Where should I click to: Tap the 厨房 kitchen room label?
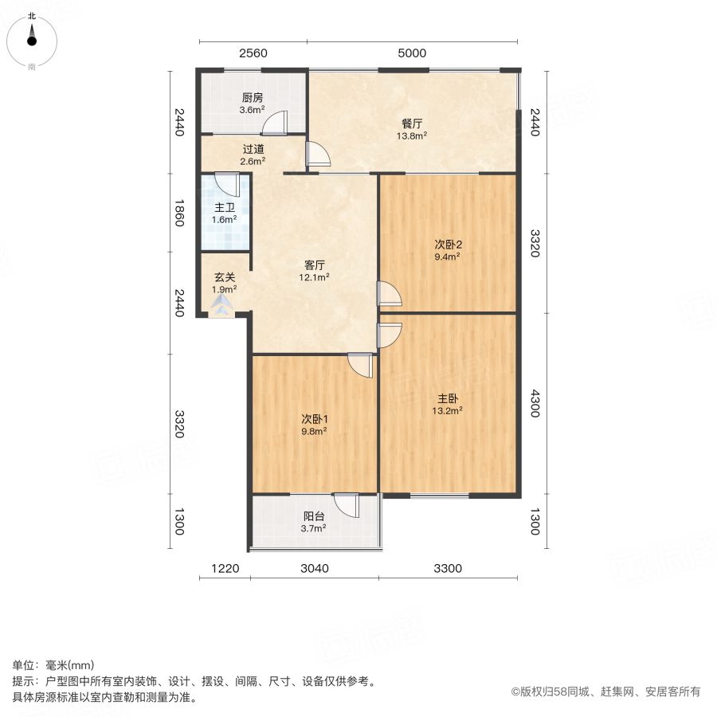pos(253,100)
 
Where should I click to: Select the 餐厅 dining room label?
pos(412,123)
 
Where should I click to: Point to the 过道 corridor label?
pos(253,149)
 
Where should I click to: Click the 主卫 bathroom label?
pos(225,208)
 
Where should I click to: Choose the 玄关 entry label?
pos(225,278)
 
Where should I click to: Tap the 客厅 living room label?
pos(315,265)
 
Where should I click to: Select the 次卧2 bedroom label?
pos(448,245)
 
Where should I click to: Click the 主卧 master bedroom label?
pos(447,399)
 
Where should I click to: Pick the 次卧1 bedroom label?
pos(315,419)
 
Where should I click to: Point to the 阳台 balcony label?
pos(315,516)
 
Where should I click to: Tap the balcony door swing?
pos(348,505)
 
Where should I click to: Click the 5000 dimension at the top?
pos(412,53)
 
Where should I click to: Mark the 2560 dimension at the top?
pos(253,53)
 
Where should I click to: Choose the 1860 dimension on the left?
pos(179,213)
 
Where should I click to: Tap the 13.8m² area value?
pos(413,135)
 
